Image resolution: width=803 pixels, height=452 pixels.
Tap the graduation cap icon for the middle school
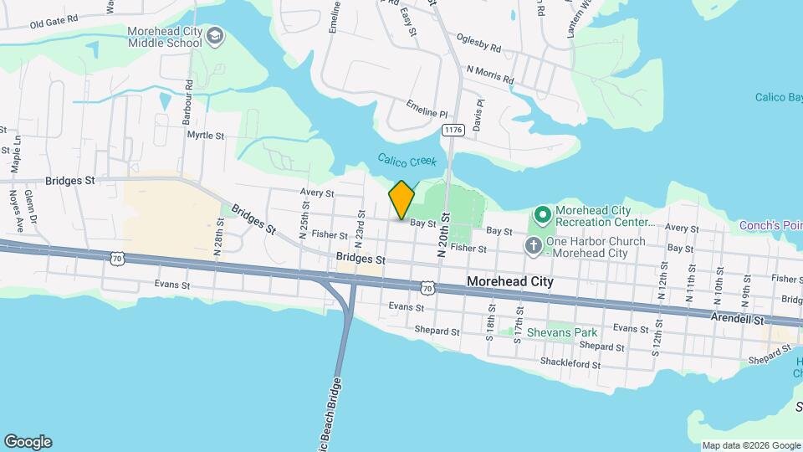pos(216,36)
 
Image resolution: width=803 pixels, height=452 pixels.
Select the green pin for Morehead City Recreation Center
pos(541,217)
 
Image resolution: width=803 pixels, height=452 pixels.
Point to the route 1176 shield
pos(453,130)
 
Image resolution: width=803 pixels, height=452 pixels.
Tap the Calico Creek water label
pos(407,160)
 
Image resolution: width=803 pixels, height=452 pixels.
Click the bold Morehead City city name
pos(510,282)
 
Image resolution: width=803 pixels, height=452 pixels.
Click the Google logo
pos(28,442)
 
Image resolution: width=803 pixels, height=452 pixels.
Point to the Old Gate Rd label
pos(54,21)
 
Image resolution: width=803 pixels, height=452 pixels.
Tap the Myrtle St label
pos(206,135)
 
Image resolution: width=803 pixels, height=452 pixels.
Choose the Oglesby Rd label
pos(478,42)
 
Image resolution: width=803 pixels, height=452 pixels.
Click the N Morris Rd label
pos(490,75)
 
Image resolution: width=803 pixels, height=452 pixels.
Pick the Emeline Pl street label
pos(427,108)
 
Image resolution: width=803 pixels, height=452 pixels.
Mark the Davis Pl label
pos(478,116)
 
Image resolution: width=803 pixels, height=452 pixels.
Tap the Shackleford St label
pos(571,363)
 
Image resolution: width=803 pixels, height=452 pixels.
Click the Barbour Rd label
pos(190,96)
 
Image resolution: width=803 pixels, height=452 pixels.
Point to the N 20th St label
pos(444,234)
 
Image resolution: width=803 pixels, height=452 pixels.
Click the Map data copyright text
pos(751,445)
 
